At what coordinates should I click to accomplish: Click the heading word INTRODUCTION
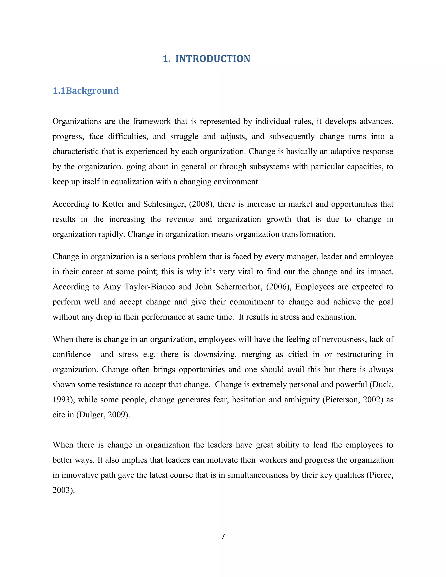(x=213, y=59)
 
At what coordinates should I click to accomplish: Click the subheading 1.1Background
(x=86, y=91)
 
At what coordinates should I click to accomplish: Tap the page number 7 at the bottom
(x=223, y=536)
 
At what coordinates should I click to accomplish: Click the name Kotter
(x=113, y=204)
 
